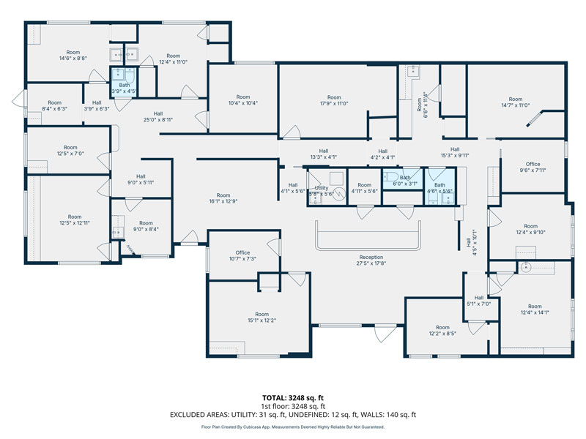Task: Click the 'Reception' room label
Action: click(371, 258)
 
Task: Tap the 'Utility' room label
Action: click(322, 188)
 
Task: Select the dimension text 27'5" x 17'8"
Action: click(371, 265)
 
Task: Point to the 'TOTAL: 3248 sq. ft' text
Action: click(292, 397)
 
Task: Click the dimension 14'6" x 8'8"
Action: click(73, 59)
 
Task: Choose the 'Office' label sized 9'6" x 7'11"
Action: click(533, 164)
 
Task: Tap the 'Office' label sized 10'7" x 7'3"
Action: click(242, 252)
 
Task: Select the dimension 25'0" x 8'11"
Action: click(157, 120)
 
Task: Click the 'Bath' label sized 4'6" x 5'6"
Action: click(439, 185)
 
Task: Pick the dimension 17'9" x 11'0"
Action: click(334, 104)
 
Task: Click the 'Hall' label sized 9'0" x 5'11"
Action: click(140, 176)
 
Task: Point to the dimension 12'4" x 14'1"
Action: click(535, 313)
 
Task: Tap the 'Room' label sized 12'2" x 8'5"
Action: click(442, 327)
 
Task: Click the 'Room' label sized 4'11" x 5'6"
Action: click(364, 185)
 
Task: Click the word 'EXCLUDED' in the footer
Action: click(190, 415)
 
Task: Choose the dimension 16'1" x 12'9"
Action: click(223, 195)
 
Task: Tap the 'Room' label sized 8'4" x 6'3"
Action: click(55, 102)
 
